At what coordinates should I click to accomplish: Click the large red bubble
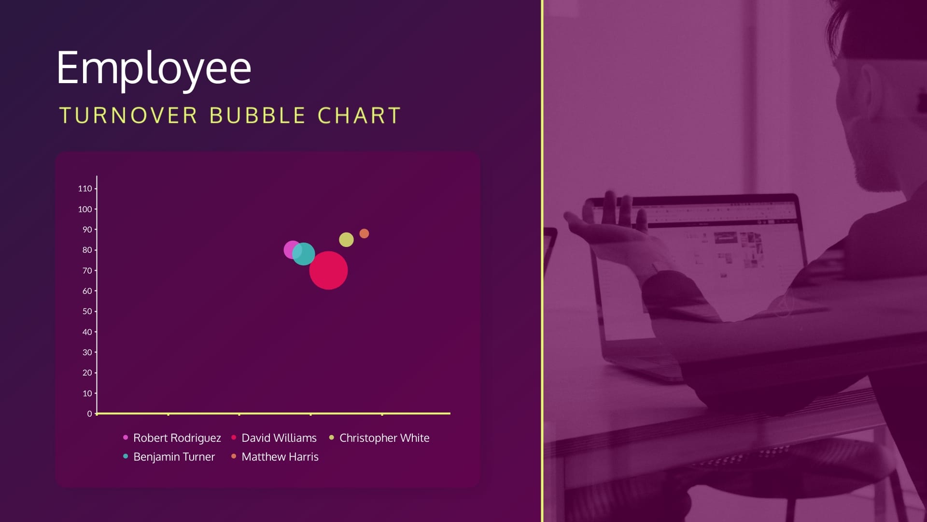click(328, 270)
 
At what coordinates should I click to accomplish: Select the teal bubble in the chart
click(303, 254)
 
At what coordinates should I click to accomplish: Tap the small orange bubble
click(364, 233)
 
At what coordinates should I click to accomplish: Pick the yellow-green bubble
click(346, 239)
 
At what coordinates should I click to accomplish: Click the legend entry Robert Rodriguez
click(177, 438)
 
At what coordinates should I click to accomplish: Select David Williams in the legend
click(279, 438)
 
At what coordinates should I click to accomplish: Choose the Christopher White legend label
click(384, 438)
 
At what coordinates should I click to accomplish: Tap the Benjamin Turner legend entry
click(174, 457)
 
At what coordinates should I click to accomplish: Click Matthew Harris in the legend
click(280, 457)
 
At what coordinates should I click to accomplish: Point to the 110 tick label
click(85, 188)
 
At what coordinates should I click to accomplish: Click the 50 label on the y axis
click(87, 311)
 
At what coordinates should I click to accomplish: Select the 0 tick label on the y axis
click(89, 414)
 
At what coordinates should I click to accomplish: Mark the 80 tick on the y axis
click(96, 250)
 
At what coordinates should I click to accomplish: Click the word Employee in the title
click(154, 69)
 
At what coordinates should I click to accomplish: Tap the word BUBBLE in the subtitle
click(257, 116)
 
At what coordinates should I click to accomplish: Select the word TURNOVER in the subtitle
click(128, 116)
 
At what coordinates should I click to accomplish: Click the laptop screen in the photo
click(700, 251)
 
